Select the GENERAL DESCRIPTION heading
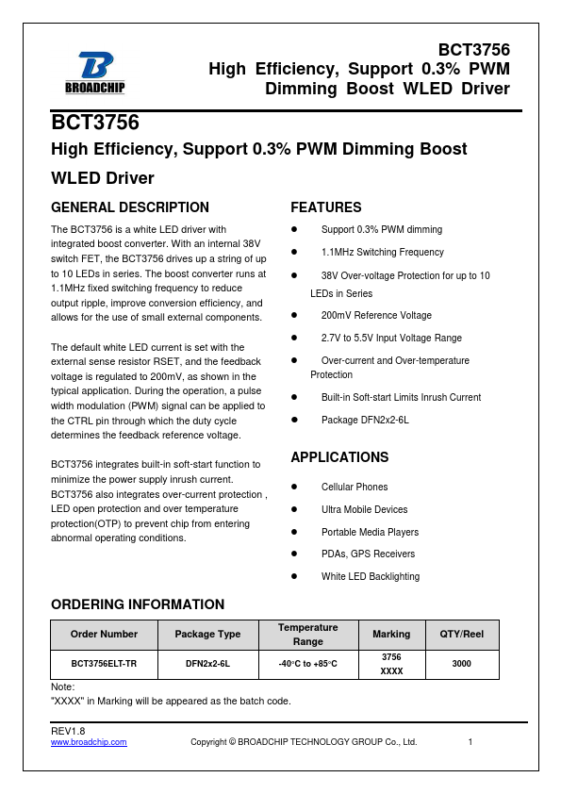click(130, 207)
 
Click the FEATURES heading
click(325, 207)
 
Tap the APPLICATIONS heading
click(339, 457)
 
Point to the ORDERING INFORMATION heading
click(138, 604)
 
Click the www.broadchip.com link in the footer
click(89, 742)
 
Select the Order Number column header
click(104, 635)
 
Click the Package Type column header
click(207, 635)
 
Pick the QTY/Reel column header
click(462, 635)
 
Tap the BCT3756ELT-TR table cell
click(104, 664)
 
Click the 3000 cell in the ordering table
click(462, 664)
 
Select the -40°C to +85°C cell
click(307, 664)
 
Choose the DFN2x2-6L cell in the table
click(207, 664)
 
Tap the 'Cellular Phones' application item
click(355, 487)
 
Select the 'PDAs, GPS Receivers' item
click(368, 554)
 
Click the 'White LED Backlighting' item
click(371, 576)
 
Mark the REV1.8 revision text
click(68, 731)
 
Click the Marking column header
click(391, 635)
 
